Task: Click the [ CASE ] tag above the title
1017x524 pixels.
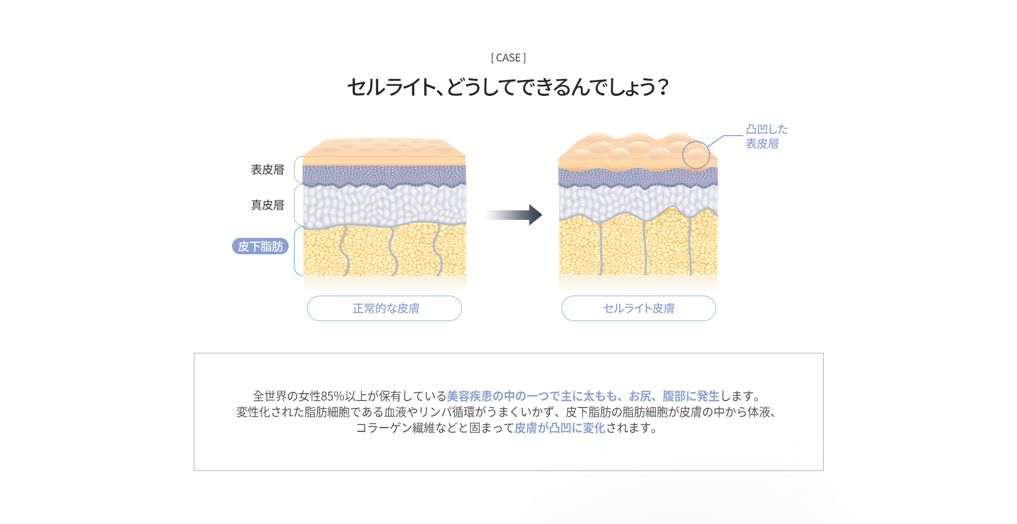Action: tap(508, 58)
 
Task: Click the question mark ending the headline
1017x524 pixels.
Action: tap(663, 87)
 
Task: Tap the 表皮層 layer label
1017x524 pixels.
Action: tap(267, 170)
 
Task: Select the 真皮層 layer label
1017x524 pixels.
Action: tap(267, 205)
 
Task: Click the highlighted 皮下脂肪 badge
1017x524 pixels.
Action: tap(260, 246)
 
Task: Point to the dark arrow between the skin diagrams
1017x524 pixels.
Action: tap(513, 215)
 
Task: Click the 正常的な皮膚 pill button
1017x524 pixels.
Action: tap(385, 308)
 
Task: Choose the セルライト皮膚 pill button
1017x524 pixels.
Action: tap(639, 308)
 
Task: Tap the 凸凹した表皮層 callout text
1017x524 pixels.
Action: tap(766, 136)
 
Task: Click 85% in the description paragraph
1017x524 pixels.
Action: tap(333, 396)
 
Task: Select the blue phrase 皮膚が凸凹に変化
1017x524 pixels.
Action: tap(560, 428)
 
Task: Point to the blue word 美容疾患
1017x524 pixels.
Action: tap(469, 396)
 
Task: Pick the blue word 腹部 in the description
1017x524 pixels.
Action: tap(674, 396)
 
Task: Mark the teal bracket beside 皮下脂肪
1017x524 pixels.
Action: tap(295, 251)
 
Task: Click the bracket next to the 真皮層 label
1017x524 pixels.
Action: tap(295, 205)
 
